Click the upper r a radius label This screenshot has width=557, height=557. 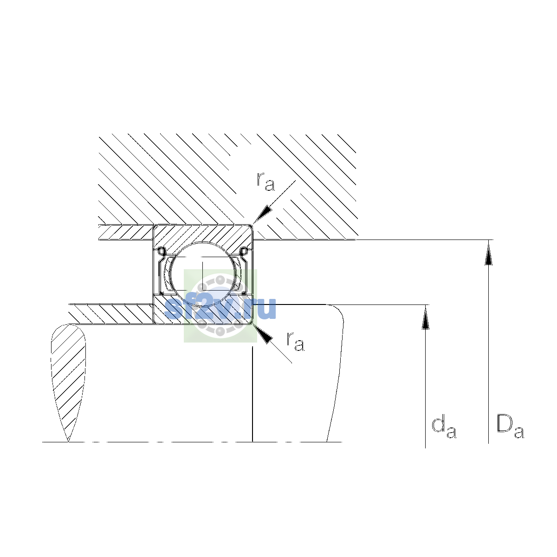(x=266, y=181)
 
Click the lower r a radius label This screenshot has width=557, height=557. (x=295, y=341)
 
